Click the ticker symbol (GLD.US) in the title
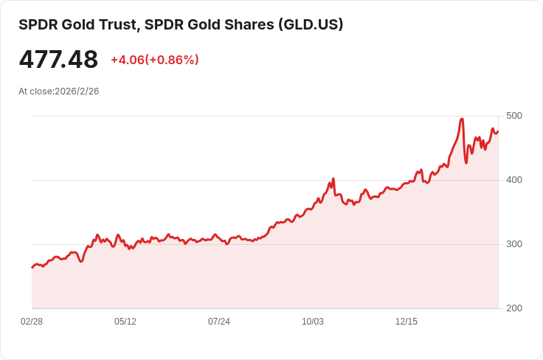coord(310,24)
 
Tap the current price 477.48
coord(58,60)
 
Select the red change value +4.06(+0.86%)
coord(155,60)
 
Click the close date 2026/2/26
coord(77,91)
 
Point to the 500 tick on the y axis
coord(514,116)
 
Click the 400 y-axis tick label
coord(514,180)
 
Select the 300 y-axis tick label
coord(514,244)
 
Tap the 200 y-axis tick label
coord(514,308)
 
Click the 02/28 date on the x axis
coord(32,322)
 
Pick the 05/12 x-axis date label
coord(125,322)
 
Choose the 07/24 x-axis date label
coord(219,322)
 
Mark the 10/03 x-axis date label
coord(313,322)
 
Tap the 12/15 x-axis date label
coord(407,322)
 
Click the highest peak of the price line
coord(462,119)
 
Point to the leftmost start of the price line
coord(32,267)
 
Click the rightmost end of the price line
coord(498,132)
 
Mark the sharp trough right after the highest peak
coord(466,162)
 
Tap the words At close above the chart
coord(35,91)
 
